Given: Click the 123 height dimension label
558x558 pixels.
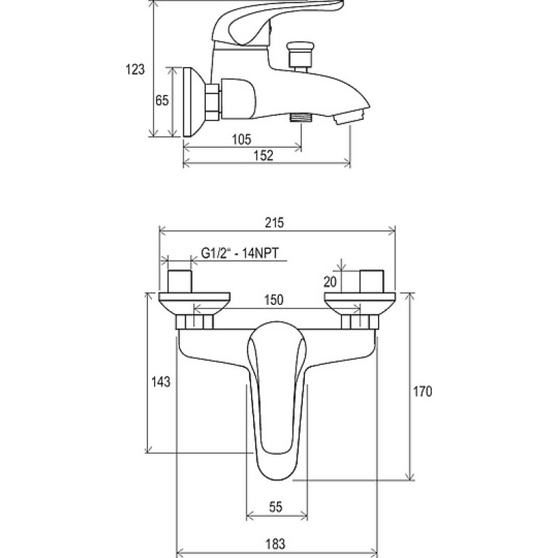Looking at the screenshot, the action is tap(135, 69).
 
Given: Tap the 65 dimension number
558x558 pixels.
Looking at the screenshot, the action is tap(162, 100).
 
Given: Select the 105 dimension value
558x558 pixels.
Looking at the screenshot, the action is tap(241, 139).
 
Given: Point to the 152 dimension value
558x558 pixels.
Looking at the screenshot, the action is tap(264, 156).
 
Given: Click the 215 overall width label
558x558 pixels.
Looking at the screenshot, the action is tap(275, 223).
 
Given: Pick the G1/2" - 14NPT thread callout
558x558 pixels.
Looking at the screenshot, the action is tap(240, 253).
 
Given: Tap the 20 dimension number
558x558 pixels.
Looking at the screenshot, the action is tap(330, 282).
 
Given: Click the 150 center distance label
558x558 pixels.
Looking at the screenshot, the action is tap(273, 300).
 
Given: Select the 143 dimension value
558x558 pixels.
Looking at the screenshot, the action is tap(161, 382).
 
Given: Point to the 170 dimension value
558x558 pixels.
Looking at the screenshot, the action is tap(423, 391).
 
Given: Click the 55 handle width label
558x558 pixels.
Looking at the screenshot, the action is tap(276, 507).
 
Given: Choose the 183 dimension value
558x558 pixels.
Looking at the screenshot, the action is tap(276, 544).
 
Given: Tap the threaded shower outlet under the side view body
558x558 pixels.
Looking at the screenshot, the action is tap(301, 117).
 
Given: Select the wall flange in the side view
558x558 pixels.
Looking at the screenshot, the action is tap(194, 102).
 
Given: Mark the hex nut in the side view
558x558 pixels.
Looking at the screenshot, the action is tap(213, 102).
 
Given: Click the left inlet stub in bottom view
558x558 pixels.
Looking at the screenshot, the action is tap(180, 281).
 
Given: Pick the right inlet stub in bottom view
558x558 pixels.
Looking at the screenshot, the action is tap(372, 281).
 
